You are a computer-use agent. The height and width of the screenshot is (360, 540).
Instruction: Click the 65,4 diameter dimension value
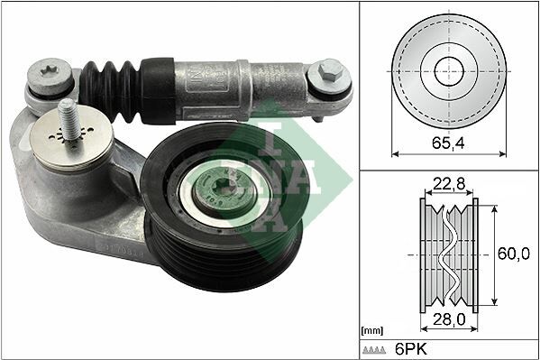[448, 143]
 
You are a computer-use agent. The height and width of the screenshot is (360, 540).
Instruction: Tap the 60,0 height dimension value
[512, 254]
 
